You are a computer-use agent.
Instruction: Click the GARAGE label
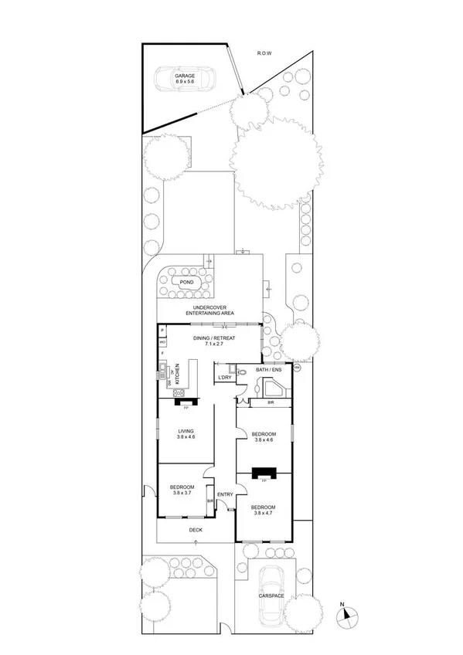(184, 75)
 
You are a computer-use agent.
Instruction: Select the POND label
(186, 283)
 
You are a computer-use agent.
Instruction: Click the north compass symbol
(347, 616)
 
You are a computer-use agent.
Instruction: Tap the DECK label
(196, 530)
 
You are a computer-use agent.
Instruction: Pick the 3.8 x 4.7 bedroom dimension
(264, 512)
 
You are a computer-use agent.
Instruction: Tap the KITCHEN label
(178, 375)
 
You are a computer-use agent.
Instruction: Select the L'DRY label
(225, 377)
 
